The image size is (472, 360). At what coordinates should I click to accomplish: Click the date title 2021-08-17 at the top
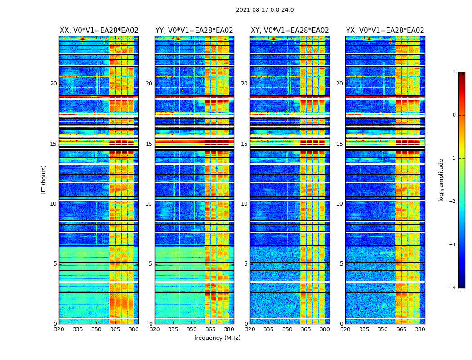pos(265,10)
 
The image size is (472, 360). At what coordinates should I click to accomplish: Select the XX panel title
pos(99,31)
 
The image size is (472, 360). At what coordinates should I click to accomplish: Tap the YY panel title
pos(194,31)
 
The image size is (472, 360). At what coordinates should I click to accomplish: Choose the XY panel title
pos(290,31)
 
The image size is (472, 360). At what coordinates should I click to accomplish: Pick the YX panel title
pos(385,31)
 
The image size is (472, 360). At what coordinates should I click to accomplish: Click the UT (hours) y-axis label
pos(44,180)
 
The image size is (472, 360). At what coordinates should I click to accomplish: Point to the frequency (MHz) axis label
pos(217,338)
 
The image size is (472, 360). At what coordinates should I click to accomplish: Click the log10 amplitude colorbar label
pos(441,180)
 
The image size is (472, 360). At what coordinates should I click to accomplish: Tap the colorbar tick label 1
pos(454,72)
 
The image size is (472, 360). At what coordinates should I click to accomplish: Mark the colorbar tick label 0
pos(454,115)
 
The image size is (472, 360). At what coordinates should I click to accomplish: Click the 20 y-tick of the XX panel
pos(53,84)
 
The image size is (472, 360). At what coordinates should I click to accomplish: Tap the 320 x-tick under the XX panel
pos(59,329)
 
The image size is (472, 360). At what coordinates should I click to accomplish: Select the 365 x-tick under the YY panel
pos(210,329)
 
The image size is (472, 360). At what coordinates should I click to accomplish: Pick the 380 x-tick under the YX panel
pos(420,329)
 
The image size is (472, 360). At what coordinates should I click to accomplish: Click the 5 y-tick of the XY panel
pos(246,264)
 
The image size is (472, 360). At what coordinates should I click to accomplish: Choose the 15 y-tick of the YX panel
pos(340,144)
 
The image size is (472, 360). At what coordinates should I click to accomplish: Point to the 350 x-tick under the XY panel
pos(287,329)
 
